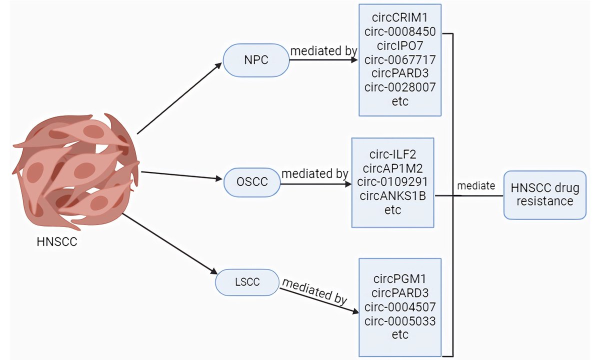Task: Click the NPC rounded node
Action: (x=256, y=60)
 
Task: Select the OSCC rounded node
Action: (x=252, y=182)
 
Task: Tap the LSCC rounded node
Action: (x=247, y=282)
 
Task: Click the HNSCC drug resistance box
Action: (x=544, y=194)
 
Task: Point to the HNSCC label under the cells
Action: (x=57, y=242)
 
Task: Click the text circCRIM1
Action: (x=400, y=18)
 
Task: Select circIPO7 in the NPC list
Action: (x=400, y=46)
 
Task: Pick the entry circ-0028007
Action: (x=400, y=87)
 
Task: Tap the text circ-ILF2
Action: (x=392, y=154)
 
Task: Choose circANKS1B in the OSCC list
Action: (x=392, y=196)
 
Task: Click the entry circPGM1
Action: (x=400, y=278)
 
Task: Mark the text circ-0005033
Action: (x=400, y=320)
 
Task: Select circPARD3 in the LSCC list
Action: (x=400, y=292)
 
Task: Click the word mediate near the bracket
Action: (x=476, y=186)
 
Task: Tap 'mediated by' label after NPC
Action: (x=323, y=50)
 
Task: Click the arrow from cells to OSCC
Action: (x=182, y=175)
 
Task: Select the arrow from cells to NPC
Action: (x=179, y=98)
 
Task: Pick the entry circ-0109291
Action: (x=392, y=182)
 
